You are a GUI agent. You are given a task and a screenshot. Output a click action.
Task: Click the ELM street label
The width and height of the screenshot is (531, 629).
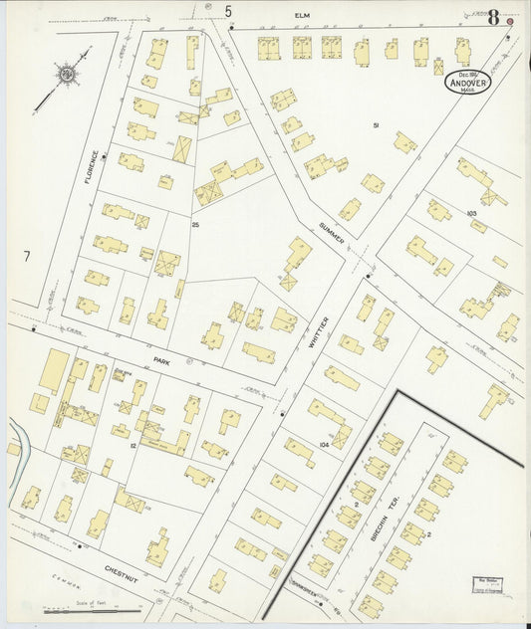coord(303,16)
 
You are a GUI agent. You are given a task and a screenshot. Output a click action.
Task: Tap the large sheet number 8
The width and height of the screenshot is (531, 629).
coord(492,16)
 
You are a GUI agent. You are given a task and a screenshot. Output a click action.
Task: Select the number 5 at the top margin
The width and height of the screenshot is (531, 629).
coord(228,12)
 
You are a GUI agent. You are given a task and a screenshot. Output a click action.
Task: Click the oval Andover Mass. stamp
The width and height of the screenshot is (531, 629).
coord(467,81)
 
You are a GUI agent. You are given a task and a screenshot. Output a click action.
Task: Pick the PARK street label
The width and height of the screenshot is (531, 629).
coord(162,362)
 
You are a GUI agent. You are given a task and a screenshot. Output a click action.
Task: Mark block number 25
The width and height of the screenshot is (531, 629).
coord(196,227)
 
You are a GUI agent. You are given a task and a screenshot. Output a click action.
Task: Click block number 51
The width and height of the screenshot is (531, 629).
coord(377,124)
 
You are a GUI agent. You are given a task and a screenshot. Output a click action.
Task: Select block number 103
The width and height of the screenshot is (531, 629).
coord(472,213)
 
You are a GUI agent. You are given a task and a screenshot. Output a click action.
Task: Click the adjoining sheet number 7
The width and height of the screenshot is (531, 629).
coord(27,257)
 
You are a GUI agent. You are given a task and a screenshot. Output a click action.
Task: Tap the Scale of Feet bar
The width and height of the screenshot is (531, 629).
coord(91,607)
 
